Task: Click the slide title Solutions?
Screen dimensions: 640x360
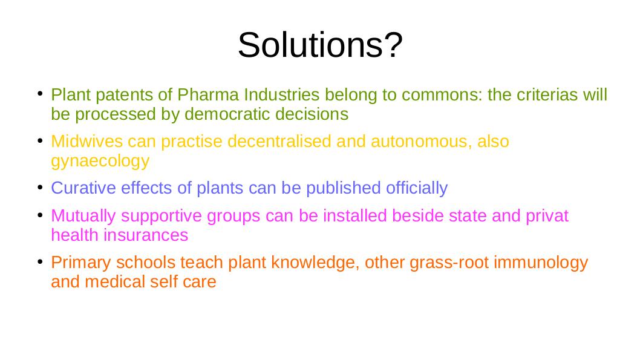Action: click(x=320, y=45)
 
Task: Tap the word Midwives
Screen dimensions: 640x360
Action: click(x=87, y=141)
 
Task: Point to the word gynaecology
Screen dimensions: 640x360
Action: click(x=100, y=162)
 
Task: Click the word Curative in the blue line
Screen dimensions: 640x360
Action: click(x=83, y=188)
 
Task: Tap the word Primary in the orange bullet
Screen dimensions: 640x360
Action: click(x=81, y=263)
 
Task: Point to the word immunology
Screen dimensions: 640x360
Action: click(x=541, y=263)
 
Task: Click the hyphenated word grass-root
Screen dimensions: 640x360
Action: click(x=449, y=263)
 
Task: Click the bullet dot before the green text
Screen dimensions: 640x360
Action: click(x=40, y=94)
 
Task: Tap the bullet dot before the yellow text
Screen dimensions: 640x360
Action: click(x=40, y=141)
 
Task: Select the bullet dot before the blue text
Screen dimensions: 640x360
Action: click(x=40, y=188)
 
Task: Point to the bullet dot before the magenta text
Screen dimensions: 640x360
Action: click(x=40, y=215)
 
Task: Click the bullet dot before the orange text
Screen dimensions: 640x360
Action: click(x=40, y=261)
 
